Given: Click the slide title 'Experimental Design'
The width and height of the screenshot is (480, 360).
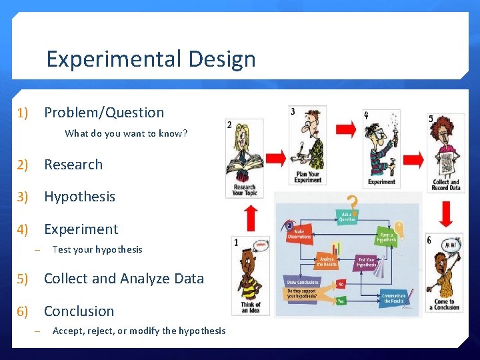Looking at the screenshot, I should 151,59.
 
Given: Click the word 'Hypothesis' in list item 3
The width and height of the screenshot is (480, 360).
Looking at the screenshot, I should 79,197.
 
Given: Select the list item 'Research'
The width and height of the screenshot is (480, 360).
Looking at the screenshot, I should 73,165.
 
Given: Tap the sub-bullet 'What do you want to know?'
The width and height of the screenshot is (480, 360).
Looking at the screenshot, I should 126,133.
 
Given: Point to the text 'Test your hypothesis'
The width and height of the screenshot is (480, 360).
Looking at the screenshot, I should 97,249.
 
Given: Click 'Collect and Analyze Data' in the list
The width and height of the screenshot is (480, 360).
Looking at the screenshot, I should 123,279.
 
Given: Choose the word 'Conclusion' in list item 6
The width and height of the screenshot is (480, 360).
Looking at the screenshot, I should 79,311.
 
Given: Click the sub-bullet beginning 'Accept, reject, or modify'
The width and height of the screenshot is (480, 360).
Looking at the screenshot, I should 139,331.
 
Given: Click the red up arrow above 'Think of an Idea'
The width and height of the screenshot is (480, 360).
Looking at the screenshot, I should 251,217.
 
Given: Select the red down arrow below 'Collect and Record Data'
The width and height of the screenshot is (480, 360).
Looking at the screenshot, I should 446,214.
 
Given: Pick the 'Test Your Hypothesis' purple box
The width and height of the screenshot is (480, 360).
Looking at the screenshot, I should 366,262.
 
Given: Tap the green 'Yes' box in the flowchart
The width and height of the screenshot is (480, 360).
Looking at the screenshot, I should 340,301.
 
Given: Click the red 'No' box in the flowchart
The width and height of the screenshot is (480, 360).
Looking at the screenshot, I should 340,283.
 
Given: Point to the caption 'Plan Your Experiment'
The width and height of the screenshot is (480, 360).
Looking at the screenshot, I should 307,177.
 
